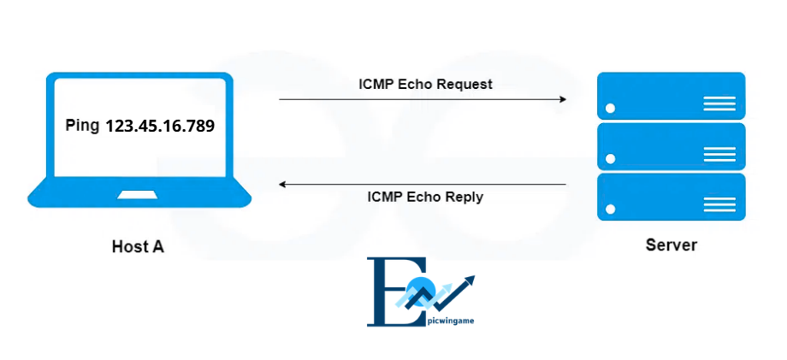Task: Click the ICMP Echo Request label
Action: click(x=425, y=85)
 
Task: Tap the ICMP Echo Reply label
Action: click(x=425, y=197)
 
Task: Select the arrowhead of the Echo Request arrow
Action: click(x=562, y=99)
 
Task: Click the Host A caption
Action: click(x=138, y=247)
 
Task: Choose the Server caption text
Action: click(x=671, y=245)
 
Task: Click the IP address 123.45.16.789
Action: click(x=159, y=126)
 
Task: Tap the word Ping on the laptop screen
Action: click(x=82, y=126)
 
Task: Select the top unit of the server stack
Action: click(x=671, y=95)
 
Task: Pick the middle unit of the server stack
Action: click(x=671, y=146)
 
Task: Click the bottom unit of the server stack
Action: click(x=671, y=198)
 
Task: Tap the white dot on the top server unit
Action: click(x=611, y=109)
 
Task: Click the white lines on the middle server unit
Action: click(x=719, y=154)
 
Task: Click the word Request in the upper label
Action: click(x=465, y=85)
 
